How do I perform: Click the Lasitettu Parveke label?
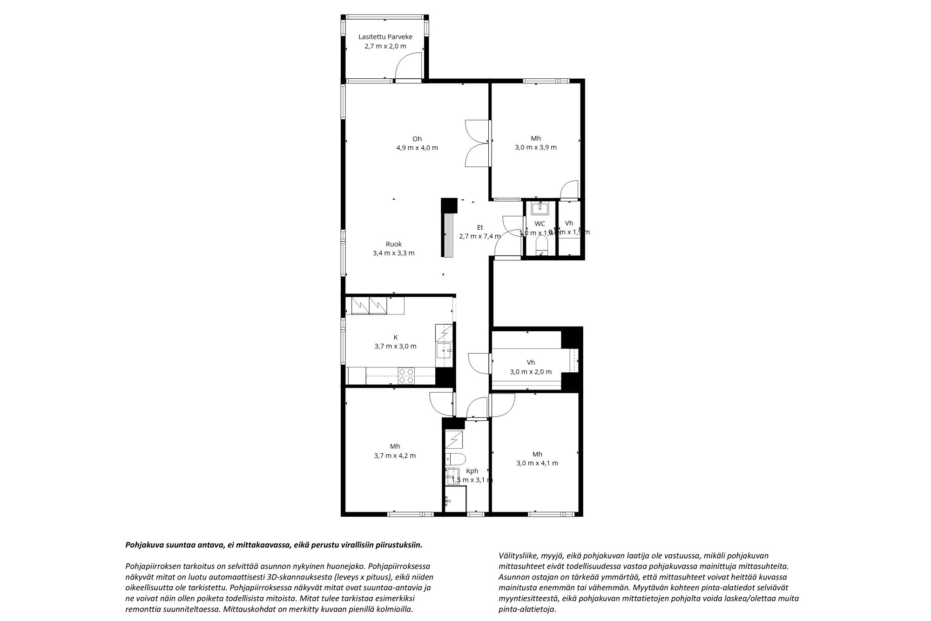[385, 37]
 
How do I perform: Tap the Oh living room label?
[417, 138]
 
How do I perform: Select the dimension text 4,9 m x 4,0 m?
[417, 148]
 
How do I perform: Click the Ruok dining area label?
[393, 244]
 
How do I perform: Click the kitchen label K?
[395, 337]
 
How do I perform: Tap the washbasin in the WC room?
[540, 207]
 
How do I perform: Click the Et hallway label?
[480, 227]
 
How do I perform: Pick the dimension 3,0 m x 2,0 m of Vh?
[531, 372]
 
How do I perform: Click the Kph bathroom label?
[472, 471]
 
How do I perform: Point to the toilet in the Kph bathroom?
[454, 459]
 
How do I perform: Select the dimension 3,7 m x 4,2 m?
[395, 456]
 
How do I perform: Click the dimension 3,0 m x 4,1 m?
[537, 463]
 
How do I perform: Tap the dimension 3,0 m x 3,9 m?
[536, 147]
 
